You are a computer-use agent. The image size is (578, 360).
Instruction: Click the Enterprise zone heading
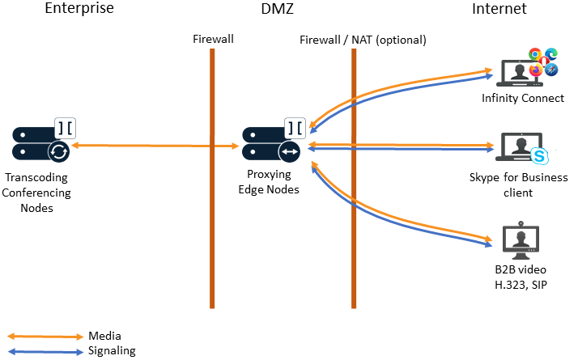pyautogui.click(x=79, y=10)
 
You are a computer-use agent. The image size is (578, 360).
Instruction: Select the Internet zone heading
pyautogui.click(x=499, y=10)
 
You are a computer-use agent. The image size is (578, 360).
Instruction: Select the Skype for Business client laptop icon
pyautogui.click(x=518, y=149)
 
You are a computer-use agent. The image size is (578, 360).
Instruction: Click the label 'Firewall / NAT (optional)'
pyautogui.click(x=363, y=39)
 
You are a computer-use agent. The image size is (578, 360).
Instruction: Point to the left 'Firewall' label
pyautogui.click(x=214, y=39)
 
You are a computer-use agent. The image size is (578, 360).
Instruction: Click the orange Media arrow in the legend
pyautogui.click(x=45, y=336)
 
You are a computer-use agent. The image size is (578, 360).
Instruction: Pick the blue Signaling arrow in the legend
pyautogui.click(x=45, y=351)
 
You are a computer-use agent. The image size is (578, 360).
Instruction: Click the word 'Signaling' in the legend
pyautogui.click(x=112, y=351)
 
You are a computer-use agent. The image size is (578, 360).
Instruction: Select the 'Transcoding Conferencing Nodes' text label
pyautogui.click(x=37, y=193)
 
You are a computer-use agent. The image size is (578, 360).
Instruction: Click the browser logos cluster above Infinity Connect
pyautogui.click(x=543, y=62)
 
